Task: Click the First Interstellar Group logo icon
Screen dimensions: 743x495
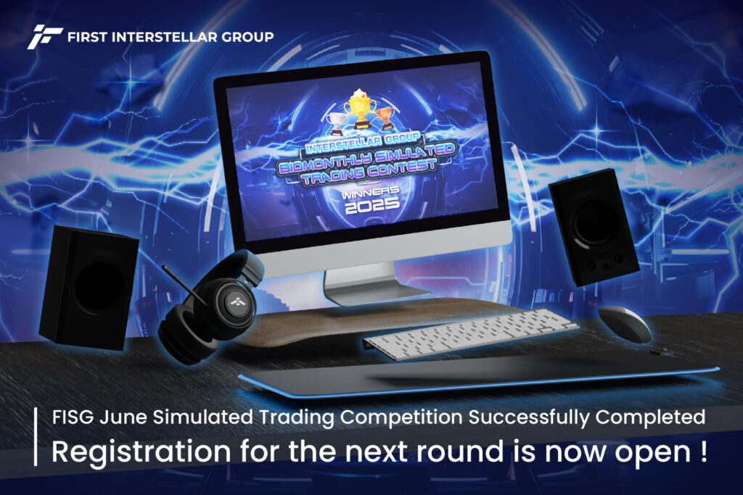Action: pyautogui.click(x=45, y=37)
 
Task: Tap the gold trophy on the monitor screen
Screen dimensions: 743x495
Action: pyautogui.click(x=360, y=109)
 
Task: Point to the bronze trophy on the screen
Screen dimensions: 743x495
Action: pyautogui.click(x=385, y=118)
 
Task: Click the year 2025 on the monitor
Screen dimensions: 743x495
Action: pyautogui.click(x=371, y=205)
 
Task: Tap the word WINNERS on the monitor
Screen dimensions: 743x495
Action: pyautogui.click(x=370, y=192)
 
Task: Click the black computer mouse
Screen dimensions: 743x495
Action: pyautogui.click(x=625, y=323)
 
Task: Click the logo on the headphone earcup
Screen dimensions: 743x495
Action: pyautogui.click(x=236, y=302)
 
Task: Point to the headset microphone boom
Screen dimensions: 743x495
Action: pyautogui.click(x=184, y=284)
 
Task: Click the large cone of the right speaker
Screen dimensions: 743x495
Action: pyautogui.click(x=594, y=222)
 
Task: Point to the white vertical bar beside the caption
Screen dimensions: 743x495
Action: pyautogui.click(x=36, y=436)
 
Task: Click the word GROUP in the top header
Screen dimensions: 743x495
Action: pyautogui.click(x=247, y=37)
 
